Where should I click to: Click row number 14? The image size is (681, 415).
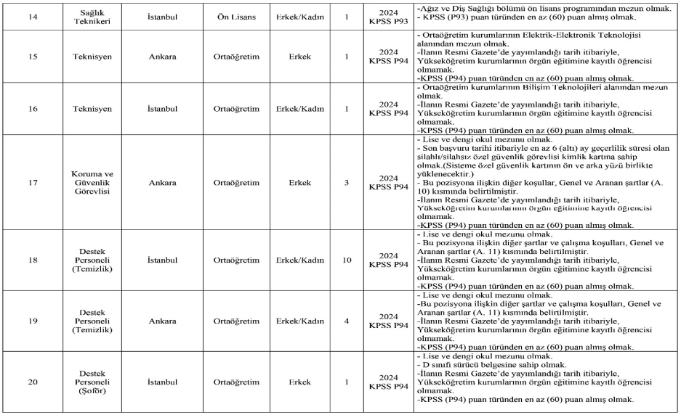(x=33, y=15)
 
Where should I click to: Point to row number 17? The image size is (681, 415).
(x=33, y=184)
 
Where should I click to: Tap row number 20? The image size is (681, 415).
(x=33, y=381)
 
